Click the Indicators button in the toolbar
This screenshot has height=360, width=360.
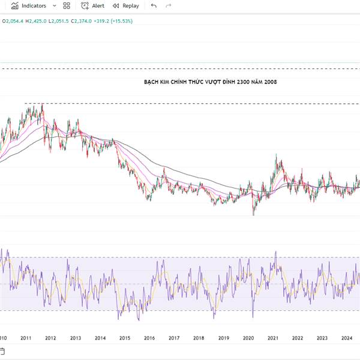(29, 6)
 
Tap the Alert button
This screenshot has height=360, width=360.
(93, 6)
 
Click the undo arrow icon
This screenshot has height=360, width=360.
(154, 6)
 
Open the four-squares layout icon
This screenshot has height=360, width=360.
(67, 6)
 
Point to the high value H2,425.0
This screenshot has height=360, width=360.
(36, 21)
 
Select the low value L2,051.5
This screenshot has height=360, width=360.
(59, 21)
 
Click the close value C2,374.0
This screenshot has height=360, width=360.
(82, 21)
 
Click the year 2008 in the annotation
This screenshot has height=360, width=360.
(270, 82)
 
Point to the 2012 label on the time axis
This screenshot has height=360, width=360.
(50, 338)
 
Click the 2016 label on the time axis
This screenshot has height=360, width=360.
(149, 338)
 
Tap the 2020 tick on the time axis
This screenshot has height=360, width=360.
(248, 338)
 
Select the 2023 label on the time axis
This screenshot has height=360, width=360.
(322, 338)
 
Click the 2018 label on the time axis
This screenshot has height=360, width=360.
(199, 338)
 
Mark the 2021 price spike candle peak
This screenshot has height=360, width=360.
(275, 155)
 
